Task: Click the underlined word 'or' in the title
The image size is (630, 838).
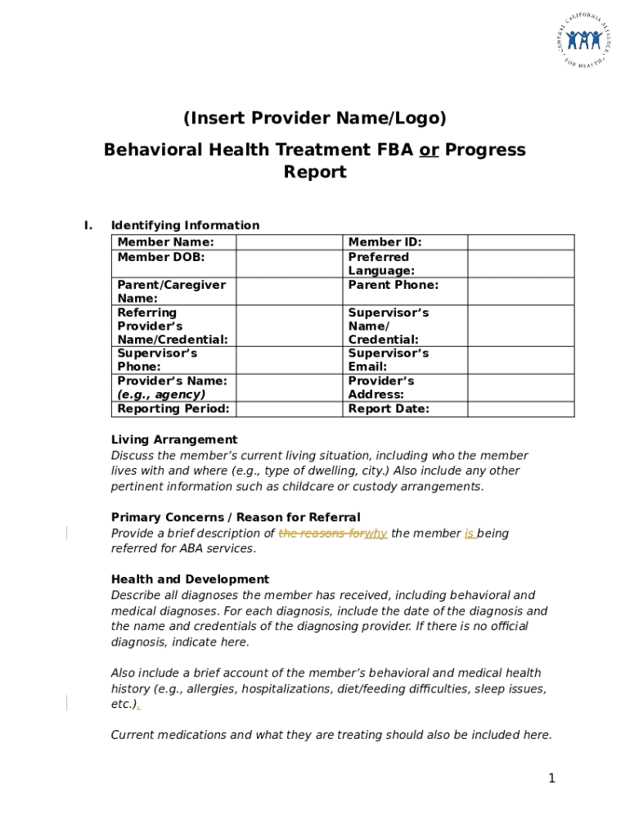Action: (428, 150)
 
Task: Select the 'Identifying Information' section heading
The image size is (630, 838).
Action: (185, 225)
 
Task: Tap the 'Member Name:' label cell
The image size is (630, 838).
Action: (166, 242)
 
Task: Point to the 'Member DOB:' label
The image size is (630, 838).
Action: (161, 257)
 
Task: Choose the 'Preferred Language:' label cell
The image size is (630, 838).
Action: (381, 264)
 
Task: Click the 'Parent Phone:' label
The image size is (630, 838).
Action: (394, 285)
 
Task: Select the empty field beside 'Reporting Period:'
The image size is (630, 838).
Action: (289, 408)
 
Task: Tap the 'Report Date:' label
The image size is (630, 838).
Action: (389, 408)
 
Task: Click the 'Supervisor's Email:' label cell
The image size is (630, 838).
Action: (389, 360)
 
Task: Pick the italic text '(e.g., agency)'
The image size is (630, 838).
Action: (161, 394)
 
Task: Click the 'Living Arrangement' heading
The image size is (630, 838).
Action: (174, 439)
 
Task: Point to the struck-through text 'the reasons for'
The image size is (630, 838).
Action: (321, 534)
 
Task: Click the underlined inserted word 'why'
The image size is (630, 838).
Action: (376, 534)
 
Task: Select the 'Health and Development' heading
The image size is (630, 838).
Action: (190, 579)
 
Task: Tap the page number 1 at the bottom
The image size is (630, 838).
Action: (551, 778)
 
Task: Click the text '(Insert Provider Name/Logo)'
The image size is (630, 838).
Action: (315, 119)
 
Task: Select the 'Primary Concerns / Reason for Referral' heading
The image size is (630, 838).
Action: (236, 517)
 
